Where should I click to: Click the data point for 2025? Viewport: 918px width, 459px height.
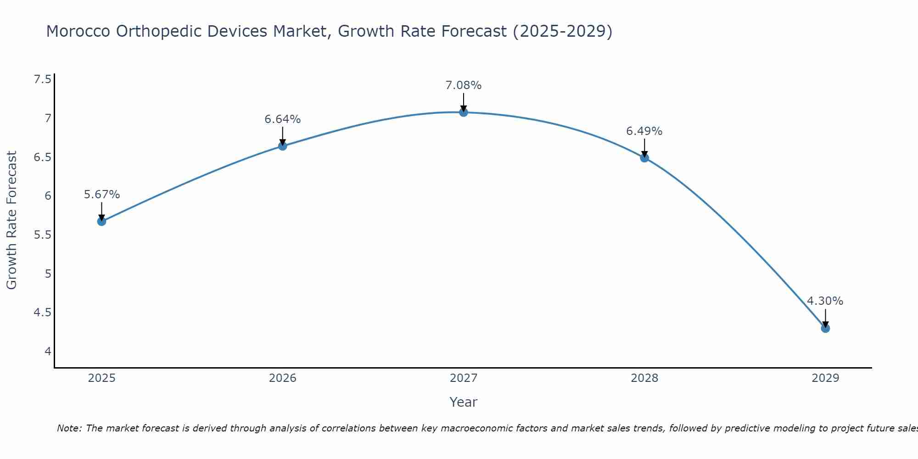click(101, 221)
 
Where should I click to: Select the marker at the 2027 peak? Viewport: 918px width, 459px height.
click(464, 112)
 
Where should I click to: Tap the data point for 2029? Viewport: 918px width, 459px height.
click(825, 328)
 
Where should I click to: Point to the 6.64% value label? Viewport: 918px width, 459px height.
click(282, 119)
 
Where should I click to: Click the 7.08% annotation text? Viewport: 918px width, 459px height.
click(463, 85)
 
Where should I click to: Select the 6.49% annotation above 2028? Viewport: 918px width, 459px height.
click(644, 131)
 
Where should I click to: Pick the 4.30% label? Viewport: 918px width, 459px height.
click(825, 301)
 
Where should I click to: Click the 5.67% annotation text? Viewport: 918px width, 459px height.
click(101, 195)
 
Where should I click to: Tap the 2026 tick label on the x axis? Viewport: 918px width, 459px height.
click(282, 378)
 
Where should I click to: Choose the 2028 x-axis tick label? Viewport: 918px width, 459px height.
click(644, 378)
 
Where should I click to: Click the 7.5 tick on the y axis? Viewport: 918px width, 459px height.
click(42, 79)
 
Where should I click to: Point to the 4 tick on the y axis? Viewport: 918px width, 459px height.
click(48, 352)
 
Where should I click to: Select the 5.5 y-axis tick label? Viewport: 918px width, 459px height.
click(42, 235)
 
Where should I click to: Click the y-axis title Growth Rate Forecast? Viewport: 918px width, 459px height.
click(11, 220)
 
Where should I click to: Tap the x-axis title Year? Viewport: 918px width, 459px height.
click(463, 402)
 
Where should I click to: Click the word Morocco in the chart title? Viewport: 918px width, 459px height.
click(78, 31)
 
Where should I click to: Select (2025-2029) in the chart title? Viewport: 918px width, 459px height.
click(562, 31)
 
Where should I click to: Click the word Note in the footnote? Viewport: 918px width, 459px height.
click(68, 428)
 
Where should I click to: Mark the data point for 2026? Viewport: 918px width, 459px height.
click(282, 146)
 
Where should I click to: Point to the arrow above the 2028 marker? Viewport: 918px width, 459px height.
click(644, 148)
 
